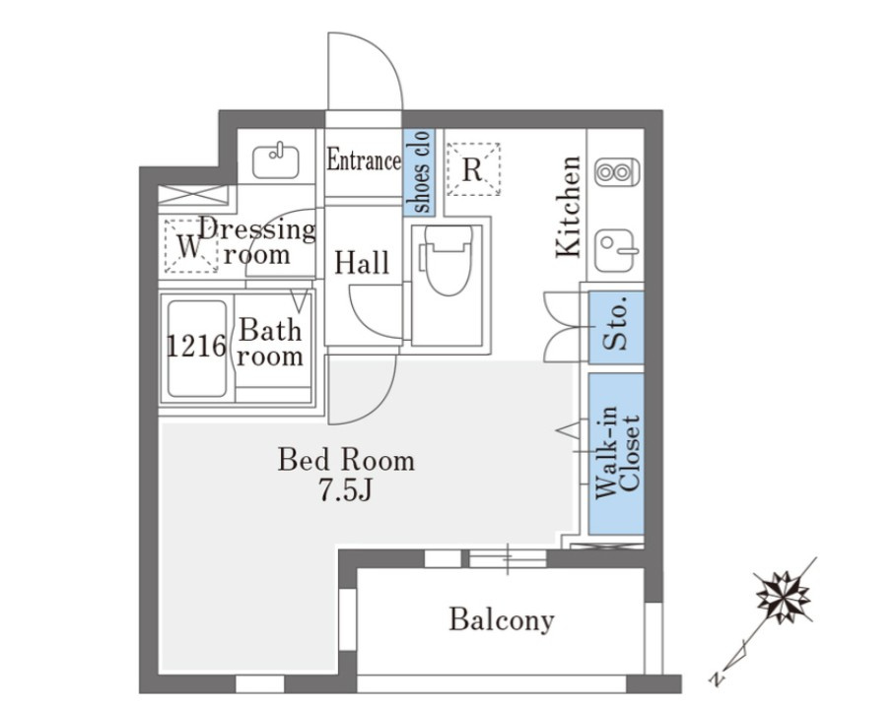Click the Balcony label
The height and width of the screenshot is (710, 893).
click(x=501, y=619)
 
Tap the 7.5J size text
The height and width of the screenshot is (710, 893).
click(x=346, y=489)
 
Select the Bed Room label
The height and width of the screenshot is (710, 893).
click(x=346, y=460)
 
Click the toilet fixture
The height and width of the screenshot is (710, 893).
click(x=448, y=260)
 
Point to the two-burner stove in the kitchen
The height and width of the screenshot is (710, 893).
click(x=617, y=171)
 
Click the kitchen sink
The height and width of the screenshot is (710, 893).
click(x=615, y=250)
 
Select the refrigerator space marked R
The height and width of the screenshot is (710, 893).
click(x=473, y=169)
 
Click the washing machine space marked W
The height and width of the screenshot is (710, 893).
click(x=190, y=246)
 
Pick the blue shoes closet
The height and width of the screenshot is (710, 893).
click(x=419, y=171)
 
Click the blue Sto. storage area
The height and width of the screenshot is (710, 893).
click(x=616, y=328)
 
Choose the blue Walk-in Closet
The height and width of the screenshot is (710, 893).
click(x=616, y=454)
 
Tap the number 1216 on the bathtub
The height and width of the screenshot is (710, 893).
click(x=196, y=346)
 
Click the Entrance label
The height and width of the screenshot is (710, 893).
click(x=364, y=160)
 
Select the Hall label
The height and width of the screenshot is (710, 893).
click(x=362, y=262)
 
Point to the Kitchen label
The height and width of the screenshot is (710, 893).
click(x=569, y=207)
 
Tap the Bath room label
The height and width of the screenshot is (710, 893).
click(x=270, y=343)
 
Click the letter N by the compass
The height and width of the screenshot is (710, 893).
click(x=717, y=678)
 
